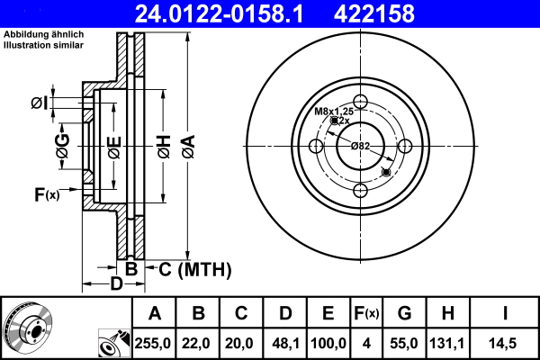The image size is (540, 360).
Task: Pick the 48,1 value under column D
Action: pos(285,342)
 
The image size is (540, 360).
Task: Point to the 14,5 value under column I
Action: pos(505,342)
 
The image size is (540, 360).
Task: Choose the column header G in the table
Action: pos(404,314)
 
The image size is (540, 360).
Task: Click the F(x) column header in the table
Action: pos(366,314)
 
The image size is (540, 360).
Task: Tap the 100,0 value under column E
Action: pos(328,342)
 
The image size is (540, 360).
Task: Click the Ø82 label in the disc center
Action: pos(360,146)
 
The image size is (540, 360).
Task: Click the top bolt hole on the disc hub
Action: pos(361,101)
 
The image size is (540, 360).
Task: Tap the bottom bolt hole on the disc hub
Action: pos(361,190)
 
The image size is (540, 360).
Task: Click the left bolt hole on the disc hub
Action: pos(316,146)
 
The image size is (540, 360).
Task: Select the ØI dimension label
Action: pos(39,103)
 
